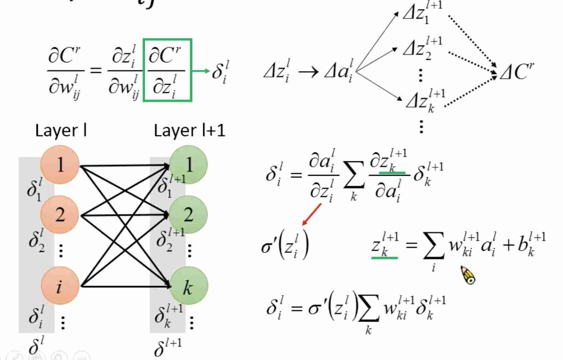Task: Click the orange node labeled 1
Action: pos(60,165)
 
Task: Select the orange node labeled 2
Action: pos(60,215)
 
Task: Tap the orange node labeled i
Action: pos(60,286)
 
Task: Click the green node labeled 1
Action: pos(188,165)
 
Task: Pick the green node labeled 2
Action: pos(188,215)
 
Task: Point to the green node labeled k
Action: pos(188,287)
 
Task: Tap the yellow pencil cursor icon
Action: pos(468,275)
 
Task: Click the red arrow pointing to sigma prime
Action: pos(312,214)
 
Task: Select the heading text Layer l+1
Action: pos(189,131)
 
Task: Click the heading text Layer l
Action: pos(61,131)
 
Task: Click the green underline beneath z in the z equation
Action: pos(384,258)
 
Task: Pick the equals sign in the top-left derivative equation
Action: pos(96,70)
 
